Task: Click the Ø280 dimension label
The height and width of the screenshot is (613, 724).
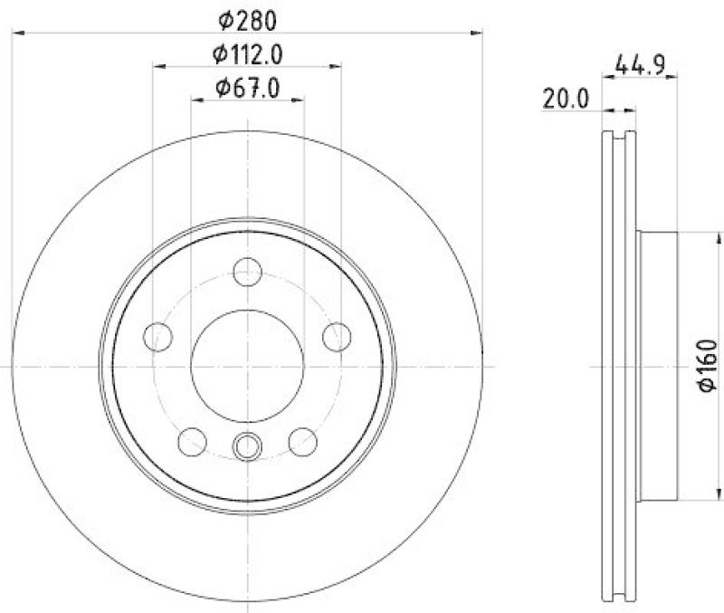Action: (x=247, y=18)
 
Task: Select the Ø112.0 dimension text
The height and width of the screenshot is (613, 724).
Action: (x=247, y=54)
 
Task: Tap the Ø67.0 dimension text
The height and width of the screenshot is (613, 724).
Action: (x=247, y=88)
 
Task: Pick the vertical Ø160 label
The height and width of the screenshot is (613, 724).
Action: (x=707, y=367)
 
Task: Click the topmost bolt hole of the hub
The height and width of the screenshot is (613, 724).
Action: (x=247, y=271)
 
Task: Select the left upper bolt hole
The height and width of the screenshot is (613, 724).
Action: (x=158, y=336)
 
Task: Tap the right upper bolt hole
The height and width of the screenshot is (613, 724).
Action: (x=337, y=336)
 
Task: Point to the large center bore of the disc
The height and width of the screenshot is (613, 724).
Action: (x=247, y=365)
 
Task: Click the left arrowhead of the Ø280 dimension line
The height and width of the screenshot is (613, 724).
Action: (x=15, y=34)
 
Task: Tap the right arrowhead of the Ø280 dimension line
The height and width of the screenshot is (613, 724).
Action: (x=479, y=34)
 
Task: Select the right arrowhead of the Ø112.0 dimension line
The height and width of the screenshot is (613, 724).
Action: (x=338, y=66)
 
